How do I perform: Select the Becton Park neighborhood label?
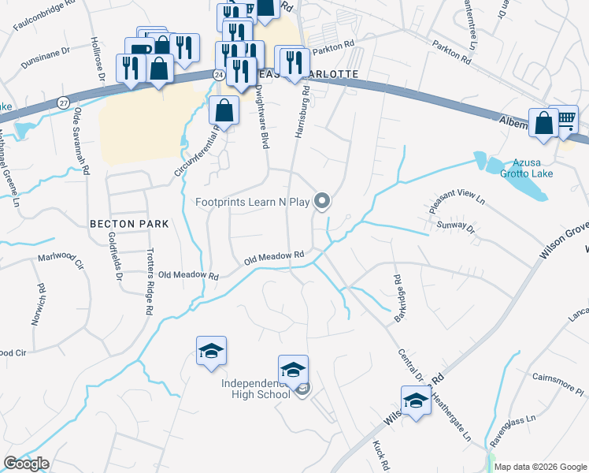pos(129,224)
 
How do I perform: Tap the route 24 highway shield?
pos(217,73)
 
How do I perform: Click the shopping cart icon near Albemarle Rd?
pos(566,121)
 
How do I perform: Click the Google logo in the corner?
pos(26,464)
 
